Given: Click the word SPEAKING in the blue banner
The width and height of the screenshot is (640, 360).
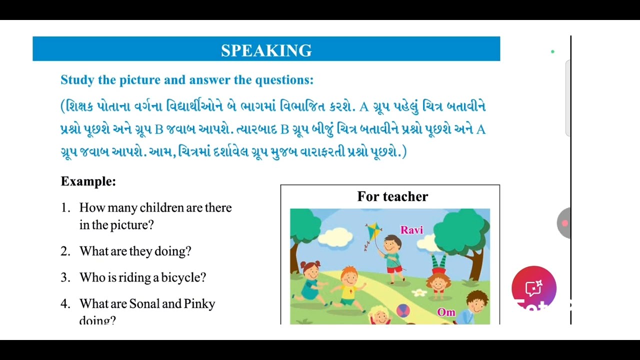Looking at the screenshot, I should click(266, 50).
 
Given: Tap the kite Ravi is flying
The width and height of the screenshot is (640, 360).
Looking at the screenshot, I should click(373, 231).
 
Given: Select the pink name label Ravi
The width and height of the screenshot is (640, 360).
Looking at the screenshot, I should click(411, 230).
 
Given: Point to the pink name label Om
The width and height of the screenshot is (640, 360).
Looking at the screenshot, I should click(446, 312).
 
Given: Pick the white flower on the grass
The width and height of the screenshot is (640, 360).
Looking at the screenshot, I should click(419, 292).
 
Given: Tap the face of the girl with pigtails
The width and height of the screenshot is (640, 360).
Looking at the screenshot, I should click(311, 272).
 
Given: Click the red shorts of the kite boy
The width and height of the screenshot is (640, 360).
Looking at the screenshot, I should click(394, 268).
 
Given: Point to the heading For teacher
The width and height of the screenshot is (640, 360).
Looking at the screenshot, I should click(392, 196).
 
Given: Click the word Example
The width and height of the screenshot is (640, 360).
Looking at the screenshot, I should click(88, 181).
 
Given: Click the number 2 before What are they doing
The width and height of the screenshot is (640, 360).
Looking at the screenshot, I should click(64, 251).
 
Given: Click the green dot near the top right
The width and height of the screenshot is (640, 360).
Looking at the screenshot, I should click(552, 51).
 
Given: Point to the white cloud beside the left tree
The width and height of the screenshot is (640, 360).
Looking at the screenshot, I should click(335, 235).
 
